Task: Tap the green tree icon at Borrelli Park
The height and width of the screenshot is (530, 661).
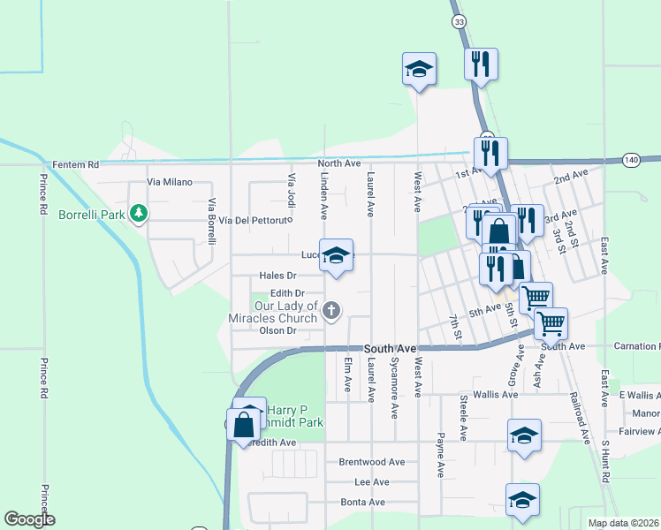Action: tap(138, 213)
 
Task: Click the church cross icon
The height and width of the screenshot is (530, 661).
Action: tap(331, 309)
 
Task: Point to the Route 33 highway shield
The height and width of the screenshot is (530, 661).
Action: tap(457, 21)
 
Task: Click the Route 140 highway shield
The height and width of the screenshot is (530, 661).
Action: tap(630, 160)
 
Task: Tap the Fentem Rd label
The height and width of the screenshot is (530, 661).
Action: tap(76, 164)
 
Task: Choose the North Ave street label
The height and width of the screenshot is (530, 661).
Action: tap(339, 163)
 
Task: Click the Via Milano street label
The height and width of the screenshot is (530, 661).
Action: tap(169, 182)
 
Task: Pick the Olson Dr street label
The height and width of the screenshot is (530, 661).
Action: tap(277, 330)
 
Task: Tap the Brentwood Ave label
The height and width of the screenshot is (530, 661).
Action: tap(372, 462)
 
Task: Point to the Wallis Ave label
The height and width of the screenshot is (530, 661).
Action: tap(495, 395)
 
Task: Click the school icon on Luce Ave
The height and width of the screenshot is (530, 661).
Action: tap(336, 256)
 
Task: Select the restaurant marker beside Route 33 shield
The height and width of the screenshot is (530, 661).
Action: tap(481, 64)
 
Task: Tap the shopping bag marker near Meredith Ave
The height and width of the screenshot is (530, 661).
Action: tap(242, 424)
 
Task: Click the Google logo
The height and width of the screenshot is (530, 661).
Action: tap(29, 519)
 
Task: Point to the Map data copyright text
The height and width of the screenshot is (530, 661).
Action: tap(623, 523)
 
